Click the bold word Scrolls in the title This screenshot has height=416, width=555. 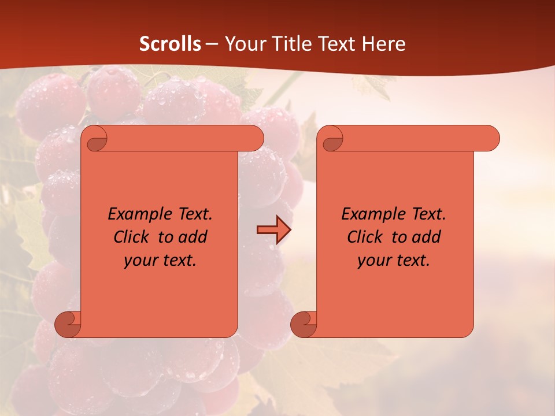(170, 44)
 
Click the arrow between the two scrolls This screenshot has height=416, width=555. (273, 230)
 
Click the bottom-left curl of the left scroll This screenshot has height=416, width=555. (68, 324)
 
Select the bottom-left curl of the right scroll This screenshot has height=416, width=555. (304, 324)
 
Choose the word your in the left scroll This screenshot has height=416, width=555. (140, 261)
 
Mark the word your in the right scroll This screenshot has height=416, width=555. (373, 261)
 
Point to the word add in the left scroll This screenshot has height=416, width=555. (194, 237)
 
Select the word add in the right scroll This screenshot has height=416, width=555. (427, 237)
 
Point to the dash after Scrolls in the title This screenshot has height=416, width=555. (212, 44)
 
